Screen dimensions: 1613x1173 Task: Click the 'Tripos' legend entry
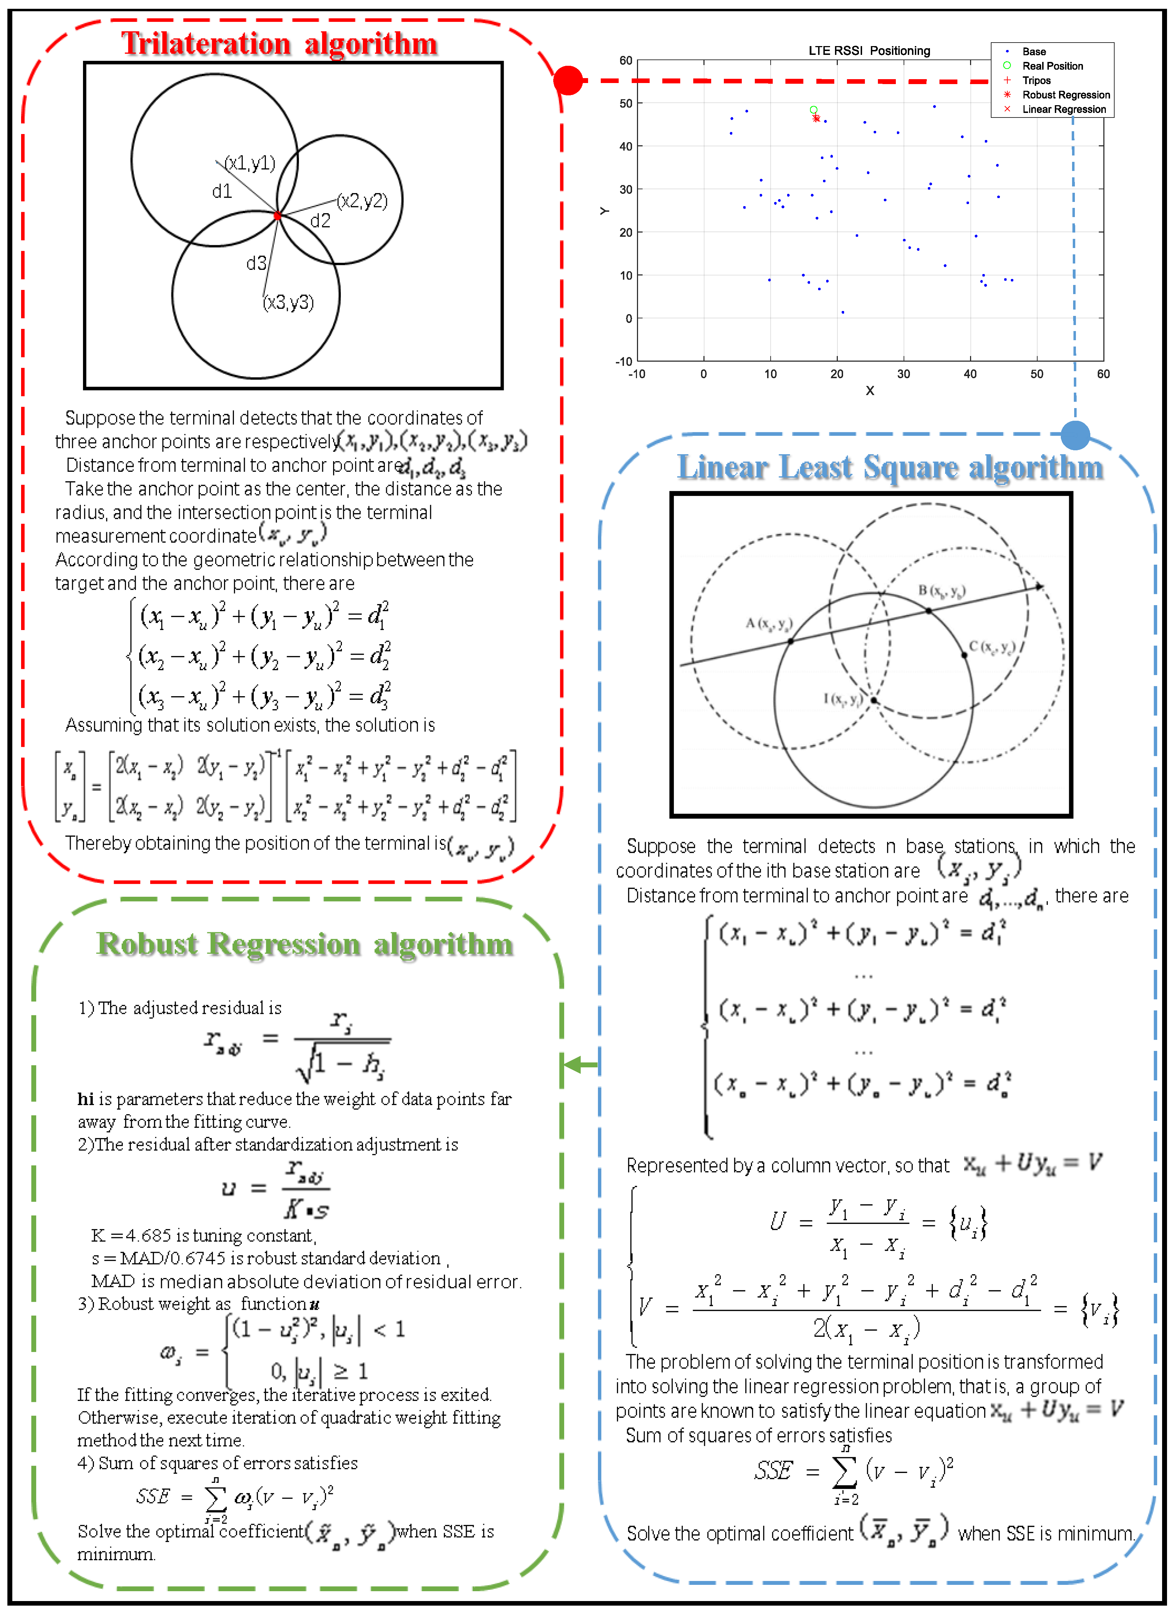coord(1036,80)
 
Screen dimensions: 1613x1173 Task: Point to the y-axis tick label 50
coord(626,103)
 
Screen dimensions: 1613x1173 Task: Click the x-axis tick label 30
coord(904,374)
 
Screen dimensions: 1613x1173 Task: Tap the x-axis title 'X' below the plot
coord(869,390)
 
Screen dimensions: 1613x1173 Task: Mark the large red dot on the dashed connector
coord(568,80)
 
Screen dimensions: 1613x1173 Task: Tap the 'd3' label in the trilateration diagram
coord(256,264)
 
